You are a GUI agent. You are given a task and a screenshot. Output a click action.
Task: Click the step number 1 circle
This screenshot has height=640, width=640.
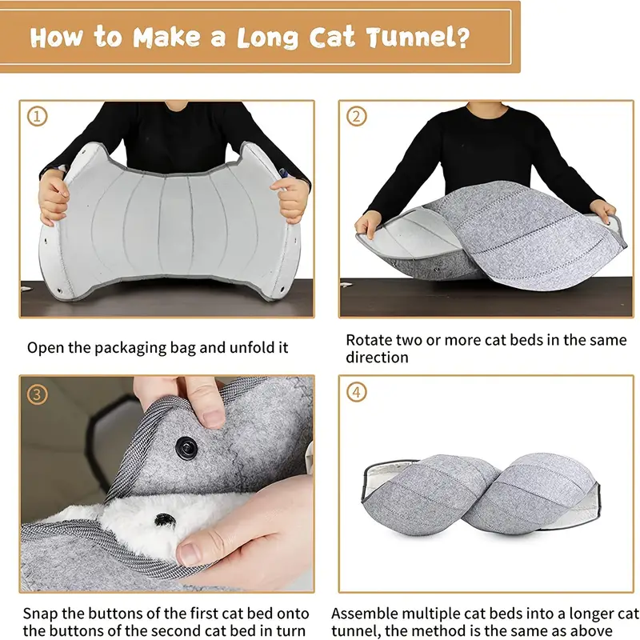(x=37, y=117)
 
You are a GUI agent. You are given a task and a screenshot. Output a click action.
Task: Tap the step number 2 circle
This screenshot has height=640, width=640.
(x=356, y=117)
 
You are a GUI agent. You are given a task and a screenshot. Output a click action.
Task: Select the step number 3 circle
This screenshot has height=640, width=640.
(x=37, y=394)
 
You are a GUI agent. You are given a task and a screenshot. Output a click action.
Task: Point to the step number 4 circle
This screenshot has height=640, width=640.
(x=356, y=394)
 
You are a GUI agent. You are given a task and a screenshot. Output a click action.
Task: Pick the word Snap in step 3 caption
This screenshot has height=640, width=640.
(x=40, y=614)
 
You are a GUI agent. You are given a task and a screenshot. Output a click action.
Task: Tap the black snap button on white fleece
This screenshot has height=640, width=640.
(x=165, y=520)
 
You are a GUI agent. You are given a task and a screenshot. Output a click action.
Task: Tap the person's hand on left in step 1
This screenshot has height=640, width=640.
(x=54, y=196)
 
